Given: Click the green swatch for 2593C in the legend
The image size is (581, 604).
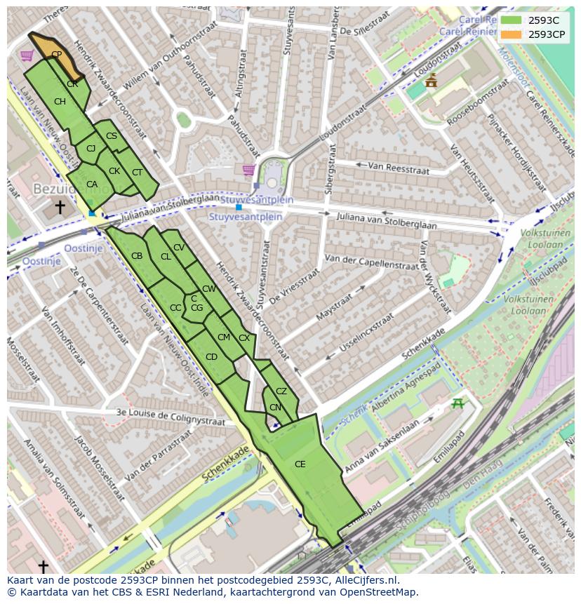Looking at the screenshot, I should [511, 20].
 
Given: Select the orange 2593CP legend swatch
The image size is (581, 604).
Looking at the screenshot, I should [511, 34].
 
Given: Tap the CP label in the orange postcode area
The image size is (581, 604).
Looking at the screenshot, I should [56, 54].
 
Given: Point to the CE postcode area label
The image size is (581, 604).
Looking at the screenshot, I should [300, 464].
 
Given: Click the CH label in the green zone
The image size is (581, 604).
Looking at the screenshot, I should [60, 102].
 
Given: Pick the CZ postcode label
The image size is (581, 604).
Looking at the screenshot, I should [281, 391].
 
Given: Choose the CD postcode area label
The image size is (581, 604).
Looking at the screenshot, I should [211, 357].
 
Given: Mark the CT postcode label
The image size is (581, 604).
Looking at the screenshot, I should [137, 173].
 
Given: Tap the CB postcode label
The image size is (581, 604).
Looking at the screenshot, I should [137, 256].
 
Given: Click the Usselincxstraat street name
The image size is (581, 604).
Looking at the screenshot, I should [366, 334].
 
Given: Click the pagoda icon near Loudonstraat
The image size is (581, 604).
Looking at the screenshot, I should [431, 80].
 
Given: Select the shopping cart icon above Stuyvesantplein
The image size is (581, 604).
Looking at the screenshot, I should [248, 170].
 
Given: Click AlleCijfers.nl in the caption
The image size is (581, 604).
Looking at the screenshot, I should [368, 580].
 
